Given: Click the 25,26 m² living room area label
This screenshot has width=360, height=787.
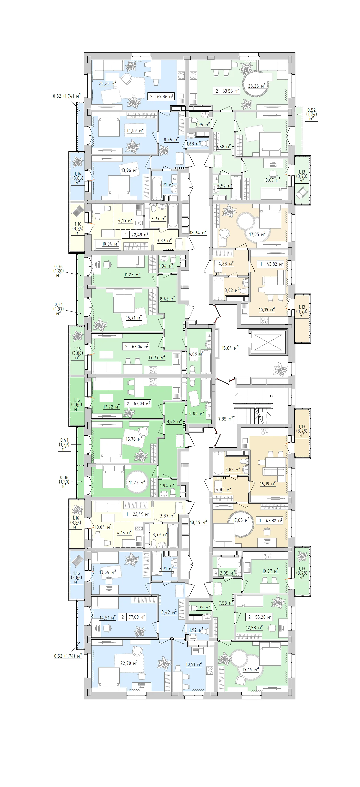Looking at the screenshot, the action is (108, 83).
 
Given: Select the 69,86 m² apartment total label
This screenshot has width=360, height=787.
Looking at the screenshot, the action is (165, 96).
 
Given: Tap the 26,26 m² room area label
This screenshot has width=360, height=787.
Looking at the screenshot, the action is (257, 86).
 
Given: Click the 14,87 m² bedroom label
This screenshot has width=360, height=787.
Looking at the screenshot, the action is (135, 130).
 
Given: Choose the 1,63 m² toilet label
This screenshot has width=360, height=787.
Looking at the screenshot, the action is (193, 144).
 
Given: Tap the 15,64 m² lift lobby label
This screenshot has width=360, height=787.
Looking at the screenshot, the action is (230, 348).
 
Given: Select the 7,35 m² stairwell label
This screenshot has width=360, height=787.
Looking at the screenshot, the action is (226, 419).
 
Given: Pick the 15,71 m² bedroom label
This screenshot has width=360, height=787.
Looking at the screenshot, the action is (134, 318).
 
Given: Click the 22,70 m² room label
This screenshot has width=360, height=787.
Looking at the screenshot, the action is (129, 663).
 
